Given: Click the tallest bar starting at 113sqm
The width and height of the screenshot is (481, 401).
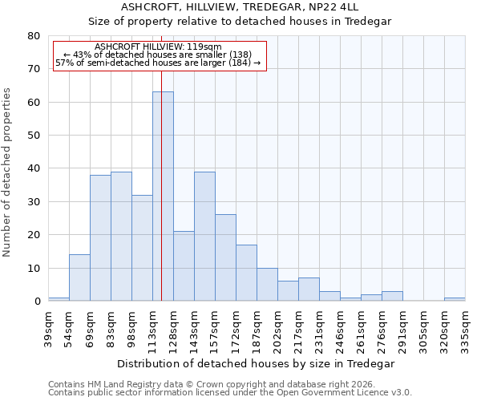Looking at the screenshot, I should pyautogui.click(x=163, y=196).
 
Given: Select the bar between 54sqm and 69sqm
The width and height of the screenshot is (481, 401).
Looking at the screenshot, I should pyautogui.click(x=79, y=277).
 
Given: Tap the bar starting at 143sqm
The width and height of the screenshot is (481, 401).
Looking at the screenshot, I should pyautogui.click(x=204, y=237).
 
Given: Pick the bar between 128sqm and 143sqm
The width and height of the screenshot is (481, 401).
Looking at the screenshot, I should pyautogui.click(x=184, y=266).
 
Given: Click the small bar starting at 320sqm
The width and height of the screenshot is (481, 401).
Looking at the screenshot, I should pyautogui.click(x=455, y=299).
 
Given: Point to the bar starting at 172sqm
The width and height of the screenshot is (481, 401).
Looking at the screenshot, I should pyautogui.click(x=246, y=273).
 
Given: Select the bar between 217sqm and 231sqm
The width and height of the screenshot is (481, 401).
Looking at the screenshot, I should pyautogui.click(x=309, y=290).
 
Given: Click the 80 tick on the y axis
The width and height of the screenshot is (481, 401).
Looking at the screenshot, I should pyautogui.click(x=33, y=36).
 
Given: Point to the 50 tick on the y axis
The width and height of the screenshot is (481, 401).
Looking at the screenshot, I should pyautogui.click(x=33, y=136).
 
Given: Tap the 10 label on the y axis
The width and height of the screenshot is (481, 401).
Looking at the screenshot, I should pyautogui.click(x=33, y=269).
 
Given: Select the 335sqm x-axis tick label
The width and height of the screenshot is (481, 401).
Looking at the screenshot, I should pyautogui.click(x=465, y=330).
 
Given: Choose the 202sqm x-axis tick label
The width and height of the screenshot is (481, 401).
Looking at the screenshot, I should pyautogui.click(x=277, y=330).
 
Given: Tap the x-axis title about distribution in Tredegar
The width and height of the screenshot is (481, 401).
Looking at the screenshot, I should pyautogui.click(x=256, y=363).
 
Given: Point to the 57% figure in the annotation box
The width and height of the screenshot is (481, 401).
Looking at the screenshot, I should pyautogui.click(x=63, y=63).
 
